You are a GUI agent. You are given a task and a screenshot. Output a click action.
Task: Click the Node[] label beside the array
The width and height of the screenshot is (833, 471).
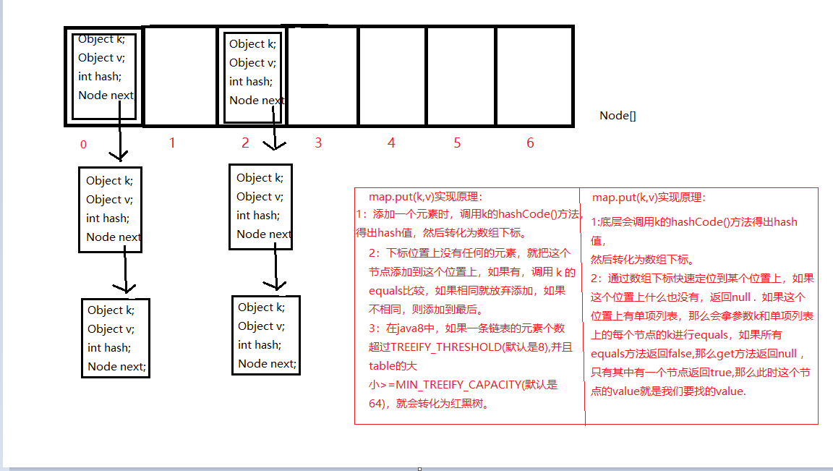click(x=618, y=116)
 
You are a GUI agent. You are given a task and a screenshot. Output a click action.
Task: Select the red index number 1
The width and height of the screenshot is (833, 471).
click(x=172, y=143)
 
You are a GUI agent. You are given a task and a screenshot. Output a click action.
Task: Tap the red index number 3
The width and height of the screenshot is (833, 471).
click(x=318, y=143)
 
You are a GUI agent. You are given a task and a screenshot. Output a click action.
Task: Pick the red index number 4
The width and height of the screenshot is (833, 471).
click(x=391, y=143)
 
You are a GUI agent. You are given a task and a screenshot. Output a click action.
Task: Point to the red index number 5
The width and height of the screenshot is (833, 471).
click(x=457, y=143)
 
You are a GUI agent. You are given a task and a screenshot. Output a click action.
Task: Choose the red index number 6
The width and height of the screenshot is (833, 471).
click(x=530, y=143)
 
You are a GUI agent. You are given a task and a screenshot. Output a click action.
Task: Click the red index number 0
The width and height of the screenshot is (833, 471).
click(x=83, y=144)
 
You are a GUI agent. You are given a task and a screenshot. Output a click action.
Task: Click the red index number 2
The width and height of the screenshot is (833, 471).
click(x=245, y=143)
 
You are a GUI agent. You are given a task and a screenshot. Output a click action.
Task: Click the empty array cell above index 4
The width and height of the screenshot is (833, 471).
click(x=392, y=76)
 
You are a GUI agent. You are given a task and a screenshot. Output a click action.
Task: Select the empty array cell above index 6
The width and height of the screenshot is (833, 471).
click(x=534, y=76)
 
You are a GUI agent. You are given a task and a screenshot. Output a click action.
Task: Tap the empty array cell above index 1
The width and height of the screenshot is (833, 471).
click(x=181, y=76)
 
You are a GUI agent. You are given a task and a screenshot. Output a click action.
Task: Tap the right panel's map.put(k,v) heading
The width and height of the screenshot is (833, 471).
click(x=649, y=198)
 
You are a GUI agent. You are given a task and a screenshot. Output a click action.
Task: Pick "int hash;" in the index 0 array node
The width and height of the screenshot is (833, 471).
click(x=100, y=77)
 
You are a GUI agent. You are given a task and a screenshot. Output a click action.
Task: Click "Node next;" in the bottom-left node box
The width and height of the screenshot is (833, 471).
click(x=116, y=366)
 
